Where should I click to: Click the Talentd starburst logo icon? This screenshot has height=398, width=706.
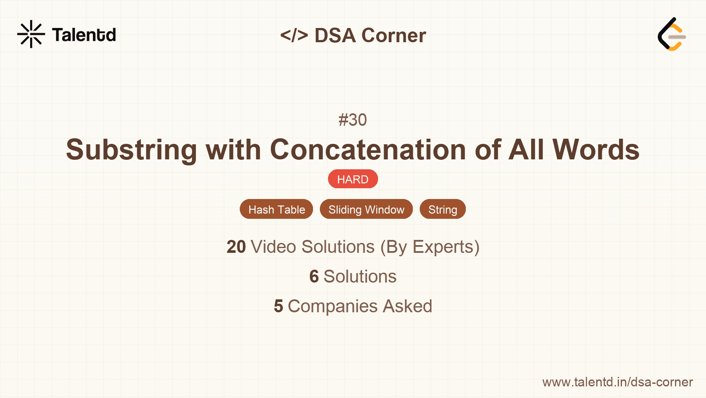click(x=31, y=34)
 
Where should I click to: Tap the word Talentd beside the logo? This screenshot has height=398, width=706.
click(x=84, y=35)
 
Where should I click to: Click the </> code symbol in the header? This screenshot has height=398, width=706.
click(x=294, y=35)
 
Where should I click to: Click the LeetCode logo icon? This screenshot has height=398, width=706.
click(x=672, y=34)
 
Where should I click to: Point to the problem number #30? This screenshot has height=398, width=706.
click(x=353, y=120)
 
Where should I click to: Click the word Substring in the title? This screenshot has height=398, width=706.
click(x=131, y=150)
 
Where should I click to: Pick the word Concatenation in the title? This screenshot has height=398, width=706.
click(x=368, y=150)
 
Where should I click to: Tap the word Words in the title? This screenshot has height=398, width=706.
click(x=596, y=150)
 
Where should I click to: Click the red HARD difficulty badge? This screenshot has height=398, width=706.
click(x=353, y=179)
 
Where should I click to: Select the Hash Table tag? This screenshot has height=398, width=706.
click(x=276, y=209)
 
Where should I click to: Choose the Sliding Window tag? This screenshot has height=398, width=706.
click(x=366, y=209)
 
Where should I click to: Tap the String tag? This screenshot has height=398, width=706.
click(x=443, y=209)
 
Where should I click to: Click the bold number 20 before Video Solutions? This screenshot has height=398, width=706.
click(x=236, y=247)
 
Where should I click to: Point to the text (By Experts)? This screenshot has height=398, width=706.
click(x=430, y=247)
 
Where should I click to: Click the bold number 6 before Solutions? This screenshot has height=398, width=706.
click(x=314, y=277)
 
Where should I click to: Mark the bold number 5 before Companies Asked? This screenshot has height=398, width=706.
click(x=279, y=306)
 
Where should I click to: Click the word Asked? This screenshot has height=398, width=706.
click(x=407, y=306)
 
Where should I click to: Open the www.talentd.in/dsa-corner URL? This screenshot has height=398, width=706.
click(x=617, y=382)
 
